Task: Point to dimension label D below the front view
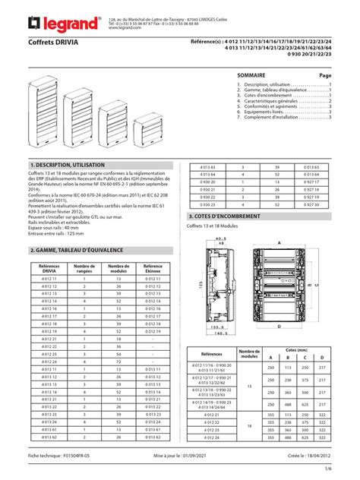coord(280,326)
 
